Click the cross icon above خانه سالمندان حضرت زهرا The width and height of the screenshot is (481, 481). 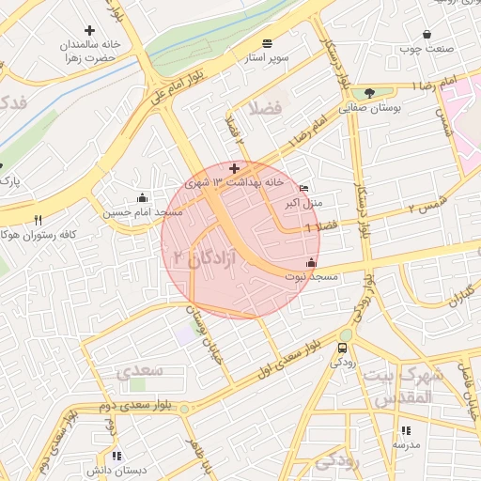(90, 30)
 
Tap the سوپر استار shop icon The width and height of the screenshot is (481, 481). (268, 43)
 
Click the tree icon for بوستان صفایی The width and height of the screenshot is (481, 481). (369, 93)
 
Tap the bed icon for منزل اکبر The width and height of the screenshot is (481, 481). (303, 188)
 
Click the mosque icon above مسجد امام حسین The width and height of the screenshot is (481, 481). (142, 197)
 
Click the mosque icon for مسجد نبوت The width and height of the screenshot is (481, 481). (311, 262)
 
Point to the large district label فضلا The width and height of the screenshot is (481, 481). (266, 107)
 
